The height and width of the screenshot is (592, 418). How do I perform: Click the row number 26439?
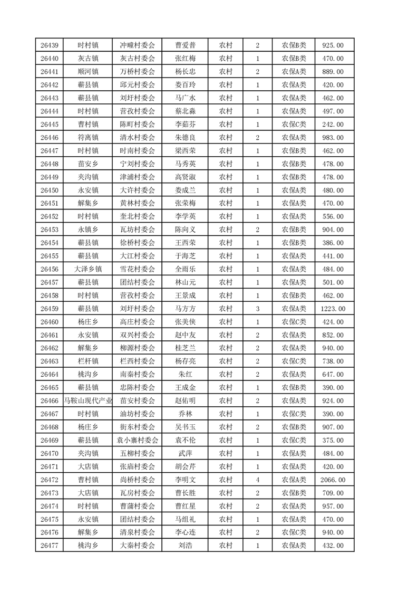pyautogui.click(x=49, y=45)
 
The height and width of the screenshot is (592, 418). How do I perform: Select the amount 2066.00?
pyautogui.click(x=333, y=480)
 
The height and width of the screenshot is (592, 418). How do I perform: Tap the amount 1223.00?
pyautogui.click(x=333, y=309)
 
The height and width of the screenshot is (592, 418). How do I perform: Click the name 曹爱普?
pyautogui.click(x=185, y=45)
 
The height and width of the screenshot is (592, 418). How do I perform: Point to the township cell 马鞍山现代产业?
pyautogui.click(x=88, y=401)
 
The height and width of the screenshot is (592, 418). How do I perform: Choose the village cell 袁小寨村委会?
pyautogui.click(x=137, y=440)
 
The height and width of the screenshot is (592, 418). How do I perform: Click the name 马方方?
pyautogui.click(x=185, y=309)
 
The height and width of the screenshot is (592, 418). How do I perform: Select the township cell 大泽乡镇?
pyautogui.click(x=88, y=269)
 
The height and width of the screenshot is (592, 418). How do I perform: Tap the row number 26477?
pyautogui.click(x=49, y=546)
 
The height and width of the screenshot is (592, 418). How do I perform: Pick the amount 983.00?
pyautogui.click(x=333, y=137)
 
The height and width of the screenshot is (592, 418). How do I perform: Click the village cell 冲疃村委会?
pyautogui.click(x=137, y=45)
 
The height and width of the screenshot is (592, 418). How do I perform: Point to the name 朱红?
pyautogui.click(x=185, y=375)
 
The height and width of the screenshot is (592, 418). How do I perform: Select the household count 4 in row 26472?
pyautogui.click(x=257, y=480)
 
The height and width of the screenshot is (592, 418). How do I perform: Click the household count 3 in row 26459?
pyautogui.click(x=257, y=309)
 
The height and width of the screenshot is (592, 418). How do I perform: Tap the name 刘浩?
pyautogui.click(x=185, y=546)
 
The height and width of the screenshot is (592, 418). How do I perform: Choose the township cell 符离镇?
pyautogui.click(x=88, y=137)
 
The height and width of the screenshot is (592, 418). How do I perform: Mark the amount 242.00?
pyautogui.click(x=333, y=124)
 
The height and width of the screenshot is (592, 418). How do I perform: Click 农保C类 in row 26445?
pyautogui.click(x=294, y=124)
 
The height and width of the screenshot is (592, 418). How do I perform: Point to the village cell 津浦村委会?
pyautogui.click(x=137, y=177)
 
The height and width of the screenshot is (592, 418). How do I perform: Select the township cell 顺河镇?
pyautogui.click(x=88, y=72)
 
